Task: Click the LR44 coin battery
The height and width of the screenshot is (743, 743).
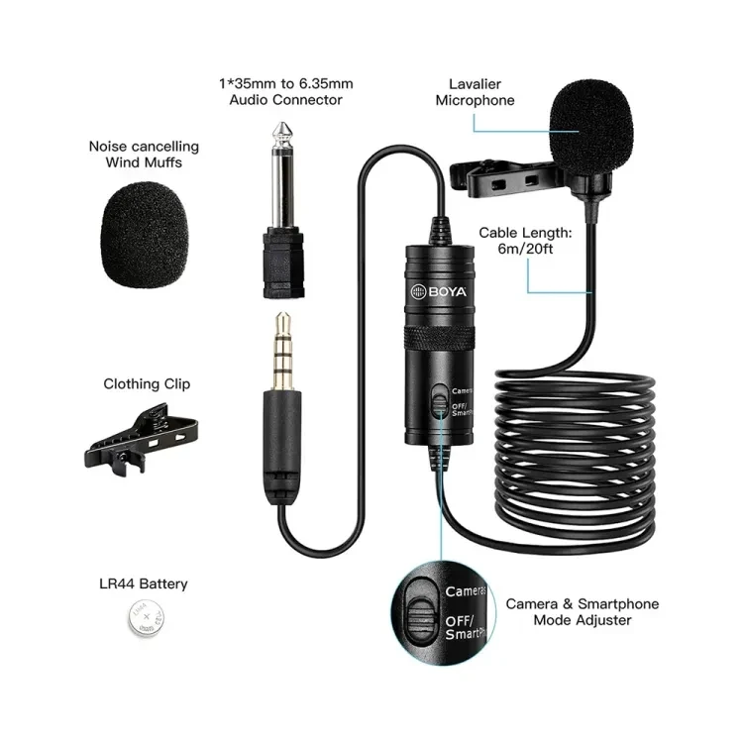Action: coord(147,617)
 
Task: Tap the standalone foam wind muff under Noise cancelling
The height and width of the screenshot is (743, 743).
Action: coord(145,234)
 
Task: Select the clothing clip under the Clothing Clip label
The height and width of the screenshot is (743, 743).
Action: coord(141,439)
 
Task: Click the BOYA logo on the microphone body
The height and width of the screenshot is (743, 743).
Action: coord(439,291)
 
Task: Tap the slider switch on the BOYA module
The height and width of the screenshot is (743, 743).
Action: coord(441,400)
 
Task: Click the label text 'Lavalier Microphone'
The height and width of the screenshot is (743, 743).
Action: coord(475,92)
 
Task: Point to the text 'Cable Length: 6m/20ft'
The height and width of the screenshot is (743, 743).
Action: coord(525,241)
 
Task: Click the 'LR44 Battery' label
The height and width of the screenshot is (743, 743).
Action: coord(144,584)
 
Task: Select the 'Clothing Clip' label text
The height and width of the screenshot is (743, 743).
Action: coord(147,383)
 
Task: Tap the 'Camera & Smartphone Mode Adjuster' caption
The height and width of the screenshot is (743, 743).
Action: coord(583,612)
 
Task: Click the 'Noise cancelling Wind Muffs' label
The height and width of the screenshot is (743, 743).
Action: coord(144,155)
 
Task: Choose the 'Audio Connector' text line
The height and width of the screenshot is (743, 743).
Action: coord(285,100)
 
